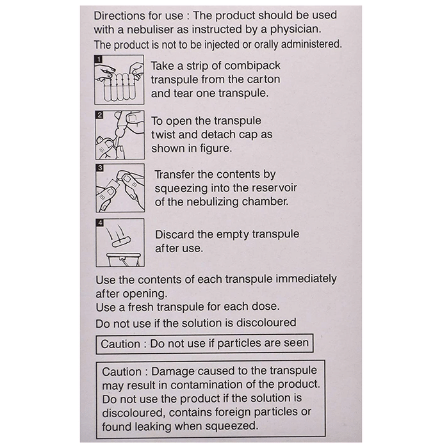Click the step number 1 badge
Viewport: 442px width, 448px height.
[99, 60]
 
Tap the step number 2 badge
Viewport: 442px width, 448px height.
[99, 115]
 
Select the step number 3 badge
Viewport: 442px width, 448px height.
[100, 168]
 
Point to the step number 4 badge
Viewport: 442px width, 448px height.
[100, 223]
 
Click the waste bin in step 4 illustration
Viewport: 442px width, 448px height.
[124, 259]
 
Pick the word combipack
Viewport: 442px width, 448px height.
[252, 66]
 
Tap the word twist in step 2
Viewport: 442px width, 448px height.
[163, 134]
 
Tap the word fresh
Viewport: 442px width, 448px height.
[141, 307]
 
